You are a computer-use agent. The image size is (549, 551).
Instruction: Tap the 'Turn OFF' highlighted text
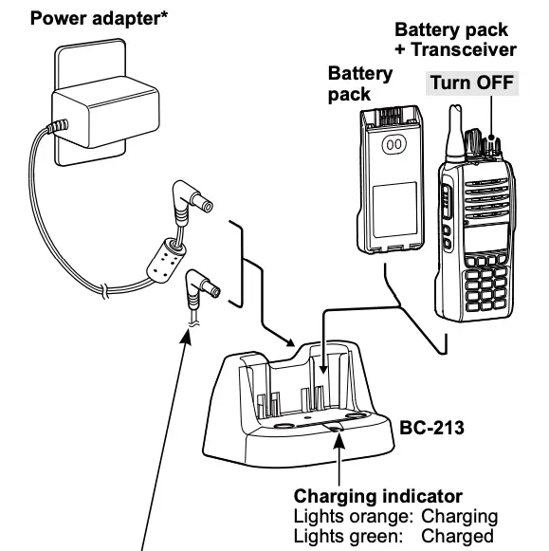pyautogui.click(x=470, y=83)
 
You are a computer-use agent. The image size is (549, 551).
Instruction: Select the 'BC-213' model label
pyautogui.click(x=432, y=428)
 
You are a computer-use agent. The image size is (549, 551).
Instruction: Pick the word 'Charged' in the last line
pyautogui.click(x=458, y=535)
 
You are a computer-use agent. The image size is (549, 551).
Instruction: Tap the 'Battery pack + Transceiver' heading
pyautogui.click(x=455, y=40)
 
